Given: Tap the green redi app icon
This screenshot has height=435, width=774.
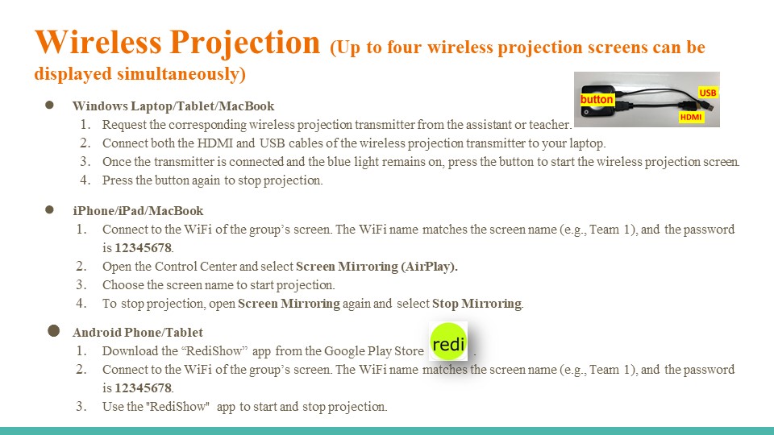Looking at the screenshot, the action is click(448, 342).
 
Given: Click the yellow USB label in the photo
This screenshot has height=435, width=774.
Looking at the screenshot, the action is click(707, 93).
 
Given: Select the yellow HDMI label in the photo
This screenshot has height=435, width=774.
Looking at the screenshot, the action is click(691, 117).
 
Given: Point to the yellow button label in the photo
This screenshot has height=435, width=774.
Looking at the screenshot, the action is click(597, 100).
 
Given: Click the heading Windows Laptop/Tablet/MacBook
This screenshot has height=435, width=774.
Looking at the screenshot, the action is click(173, 106).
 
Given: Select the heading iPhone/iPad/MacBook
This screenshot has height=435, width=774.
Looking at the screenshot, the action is click(138, 210).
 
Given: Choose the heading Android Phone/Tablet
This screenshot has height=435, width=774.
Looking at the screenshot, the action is click(138, 333).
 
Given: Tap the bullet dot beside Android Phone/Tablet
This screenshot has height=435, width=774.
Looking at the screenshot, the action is click(54, 331).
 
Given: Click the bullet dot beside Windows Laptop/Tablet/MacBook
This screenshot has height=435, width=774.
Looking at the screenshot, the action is click(49, 105).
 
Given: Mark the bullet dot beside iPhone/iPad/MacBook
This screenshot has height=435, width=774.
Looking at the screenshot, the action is click(49, 209).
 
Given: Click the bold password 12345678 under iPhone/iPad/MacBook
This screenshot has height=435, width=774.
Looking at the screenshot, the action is click(144, 247).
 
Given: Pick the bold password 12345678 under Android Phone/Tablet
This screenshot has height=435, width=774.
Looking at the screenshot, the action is click(144, 388).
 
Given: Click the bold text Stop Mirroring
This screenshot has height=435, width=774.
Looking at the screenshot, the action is click(476, 304).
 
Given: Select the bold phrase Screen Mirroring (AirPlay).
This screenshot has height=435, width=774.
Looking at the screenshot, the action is click(377, 267).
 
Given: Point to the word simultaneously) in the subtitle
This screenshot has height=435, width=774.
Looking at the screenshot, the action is click(181, 74).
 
